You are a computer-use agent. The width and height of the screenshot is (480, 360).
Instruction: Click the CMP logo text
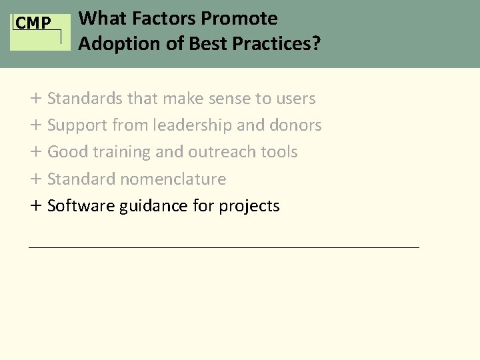(33, 23)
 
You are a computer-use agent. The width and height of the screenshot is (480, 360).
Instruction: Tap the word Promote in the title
(243, 18)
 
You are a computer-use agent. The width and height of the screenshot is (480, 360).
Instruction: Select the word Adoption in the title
(110, 45)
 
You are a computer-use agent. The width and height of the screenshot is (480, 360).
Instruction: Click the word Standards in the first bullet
(85, 99)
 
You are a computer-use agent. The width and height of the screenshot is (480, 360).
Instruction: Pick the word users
(294, 99)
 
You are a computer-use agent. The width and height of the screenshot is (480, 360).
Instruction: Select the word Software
(81, 206)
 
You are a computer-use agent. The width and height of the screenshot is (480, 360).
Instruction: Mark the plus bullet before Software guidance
(35, 206)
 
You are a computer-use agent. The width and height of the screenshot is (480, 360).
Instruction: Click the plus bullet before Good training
(35, 152)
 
